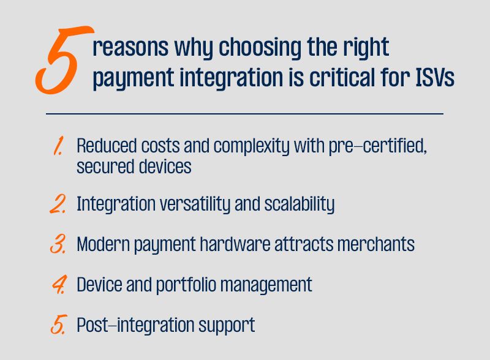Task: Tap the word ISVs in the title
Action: point(435,78)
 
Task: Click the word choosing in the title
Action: point(260,47)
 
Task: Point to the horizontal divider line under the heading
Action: point(244,114)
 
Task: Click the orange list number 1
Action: point(58,146)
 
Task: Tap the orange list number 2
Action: point(58,204)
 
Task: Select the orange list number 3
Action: point(58,244)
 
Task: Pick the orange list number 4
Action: point(59,285)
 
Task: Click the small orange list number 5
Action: point(59,325)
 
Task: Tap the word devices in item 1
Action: point(165,167)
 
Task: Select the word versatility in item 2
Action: point(195,204)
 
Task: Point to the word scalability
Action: point(300,204)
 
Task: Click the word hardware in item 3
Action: point(235,244)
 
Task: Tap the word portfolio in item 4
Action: point(186,285)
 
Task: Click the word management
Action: point(266,285)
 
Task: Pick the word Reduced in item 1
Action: point(107,146)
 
